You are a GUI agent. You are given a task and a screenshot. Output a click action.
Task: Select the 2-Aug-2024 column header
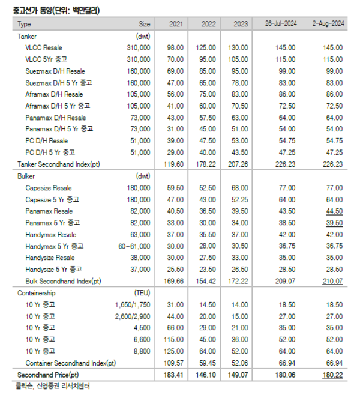pyautogui.click(x=328, y=24)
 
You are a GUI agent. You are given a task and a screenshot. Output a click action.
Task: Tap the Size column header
pyautogui.click(x=144, y=24)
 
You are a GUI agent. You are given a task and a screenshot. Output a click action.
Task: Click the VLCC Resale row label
pyautogui.click(x=44, y=47)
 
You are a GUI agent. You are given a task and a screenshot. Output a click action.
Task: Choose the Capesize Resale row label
pyautogui.click(x=49, y=188)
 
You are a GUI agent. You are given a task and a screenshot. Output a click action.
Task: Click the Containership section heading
pyautogui.click(x=37, y=293)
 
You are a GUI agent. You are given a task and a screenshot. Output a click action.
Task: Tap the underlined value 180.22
pyautogui.click(x=333, y=375)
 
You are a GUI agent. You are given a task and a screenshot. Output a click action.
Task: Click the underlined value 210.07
pyautogui.click(x=333, y=281)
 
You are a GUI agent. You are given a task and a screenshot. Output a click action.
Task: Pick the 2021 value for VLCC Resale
pyautogui.click(x=175, y=47)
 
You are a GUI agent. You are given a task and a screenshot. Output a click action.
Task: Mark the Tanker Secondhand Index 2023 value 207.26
pyautogui.click(x=238, y=163)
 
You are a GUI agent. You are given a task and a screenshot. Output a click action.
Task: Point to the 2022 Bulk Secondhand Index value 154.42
pyautogui.click(x=207, y=281)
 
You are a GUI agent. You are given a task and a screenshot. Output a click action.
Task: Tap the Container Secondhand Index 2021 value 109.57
pyautogui.click(x=175, y=363)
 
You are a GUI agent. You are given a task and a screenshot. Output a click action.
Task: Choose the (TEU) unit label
pyautogui.click(x=143, y=293)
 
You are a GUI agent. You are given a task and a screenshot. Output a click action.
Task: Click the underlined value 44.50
pyautogui.click(x=334, y=211)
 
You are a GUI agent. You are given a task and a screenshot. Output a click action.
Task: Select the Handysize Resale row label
pyautogui.click(x=50, y=258)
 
